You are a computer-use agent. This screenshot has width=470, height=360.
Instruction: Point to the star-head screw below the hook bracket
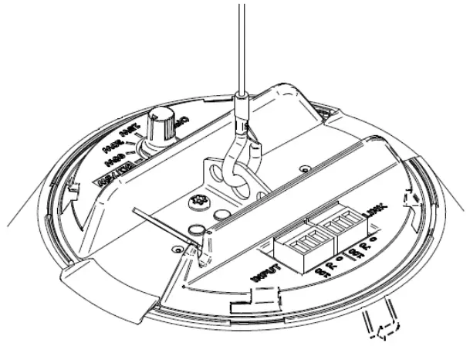click(198, 202)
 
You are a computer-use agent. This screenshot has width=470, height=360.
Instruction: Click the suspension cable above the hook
click(242, 46)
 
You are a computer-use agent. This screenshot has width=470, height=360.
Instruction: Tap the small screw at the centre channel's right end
click(307, 168)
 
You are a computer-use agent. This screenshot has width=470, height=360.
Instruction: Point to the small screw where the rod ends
click(197, 229)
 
